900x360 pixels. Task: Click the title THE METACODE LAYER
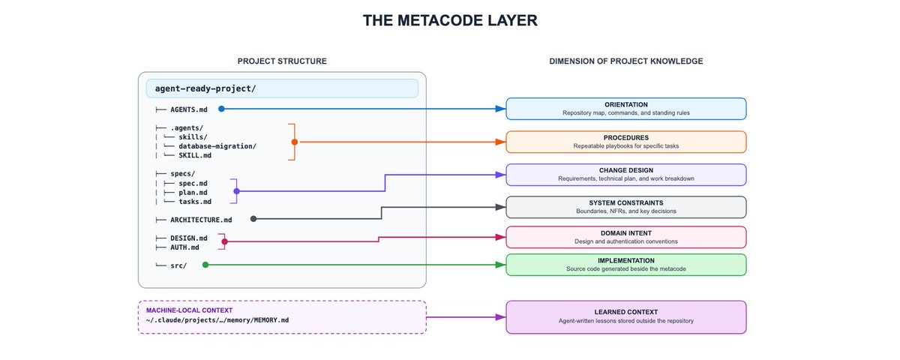pyautogui.click(x=450, y=20)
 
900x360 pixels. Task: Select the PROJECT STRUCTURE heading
pyautogui.click(x=282, y=61)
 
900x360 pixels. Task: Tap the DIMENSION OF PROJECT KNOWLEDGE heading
pyautogui.click(x=626, y=61)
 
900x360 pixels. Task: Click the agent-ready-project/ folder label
pyautogui.click(x=205, y=88)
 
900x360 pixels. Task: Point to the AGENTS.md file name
pyautogui.click(x=189, y=109)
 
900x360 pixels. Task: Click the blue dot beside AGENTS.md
pyautogui.click(x=221, y=109)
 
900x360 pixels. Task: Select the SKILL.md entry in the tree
pyautogui.click(x=195, y=155)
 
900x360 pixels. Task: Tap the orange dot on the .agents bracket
pyautogui.click(x=295, y=142)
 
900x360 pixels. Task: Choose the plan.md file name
pyautogui.click(x=193, y=193)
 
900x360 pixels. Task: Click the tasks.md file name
pyautogui.click(x=195, y=202)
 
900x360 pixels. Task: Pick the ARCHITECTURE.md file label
pyautogui.click(x=201, y=220)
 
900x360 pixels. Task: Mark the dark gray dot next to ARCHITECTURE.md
pyautogui.click(x=253, y=219)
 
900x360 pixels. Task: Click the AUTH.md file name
pyautogui.click(x=184, y=247)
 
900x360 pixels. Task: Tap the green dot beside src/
pyautogui.click(x=205, y=265)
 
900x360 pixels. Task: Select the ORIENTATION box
pyautogui.click(x=626, y=109)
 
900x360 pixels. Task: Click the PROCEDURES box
pyautogui.click(x=626, y=142)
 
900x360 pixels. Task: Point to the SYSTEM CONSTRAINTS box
pyautogui.click(x=626, y=207)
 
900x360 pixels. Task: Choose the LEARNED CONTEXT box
pyautogui.click(x=626, y=317)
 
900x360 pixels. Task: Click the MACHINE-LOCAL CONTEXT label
pyautogui.click(x=189, y=310)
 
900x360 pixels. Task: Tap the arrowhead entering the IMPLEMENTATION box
pyautogui.click(x=501, y=265)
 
